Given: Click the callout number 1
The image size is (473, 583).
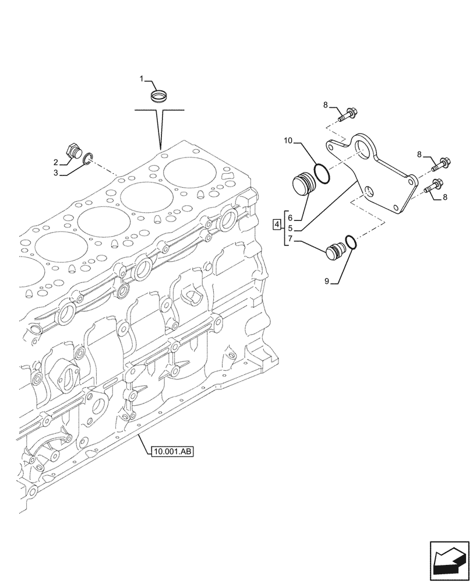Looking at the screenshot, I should pos(141,78).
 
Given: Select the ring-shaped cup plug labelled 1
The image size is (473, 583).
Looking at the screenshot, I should pos(158,95).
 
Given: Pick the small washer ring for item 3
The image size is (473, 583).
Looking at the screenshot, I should pos(88,158).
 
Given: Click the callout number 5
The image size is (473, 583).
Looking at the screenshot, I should pos(290,229).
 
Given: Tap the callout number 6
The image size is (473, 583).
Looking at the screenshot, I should pos(290,218).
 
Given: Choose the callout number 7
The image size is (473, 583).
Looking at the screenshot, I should pos(290,240).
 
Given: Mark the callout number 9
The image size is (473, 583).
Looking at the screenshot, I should pos(327,281).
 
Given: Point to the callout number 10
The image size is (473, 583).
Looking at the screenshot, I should pos(288,141).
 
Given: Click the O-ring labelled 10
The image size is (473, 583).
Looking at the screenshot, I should pos(321,173).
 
